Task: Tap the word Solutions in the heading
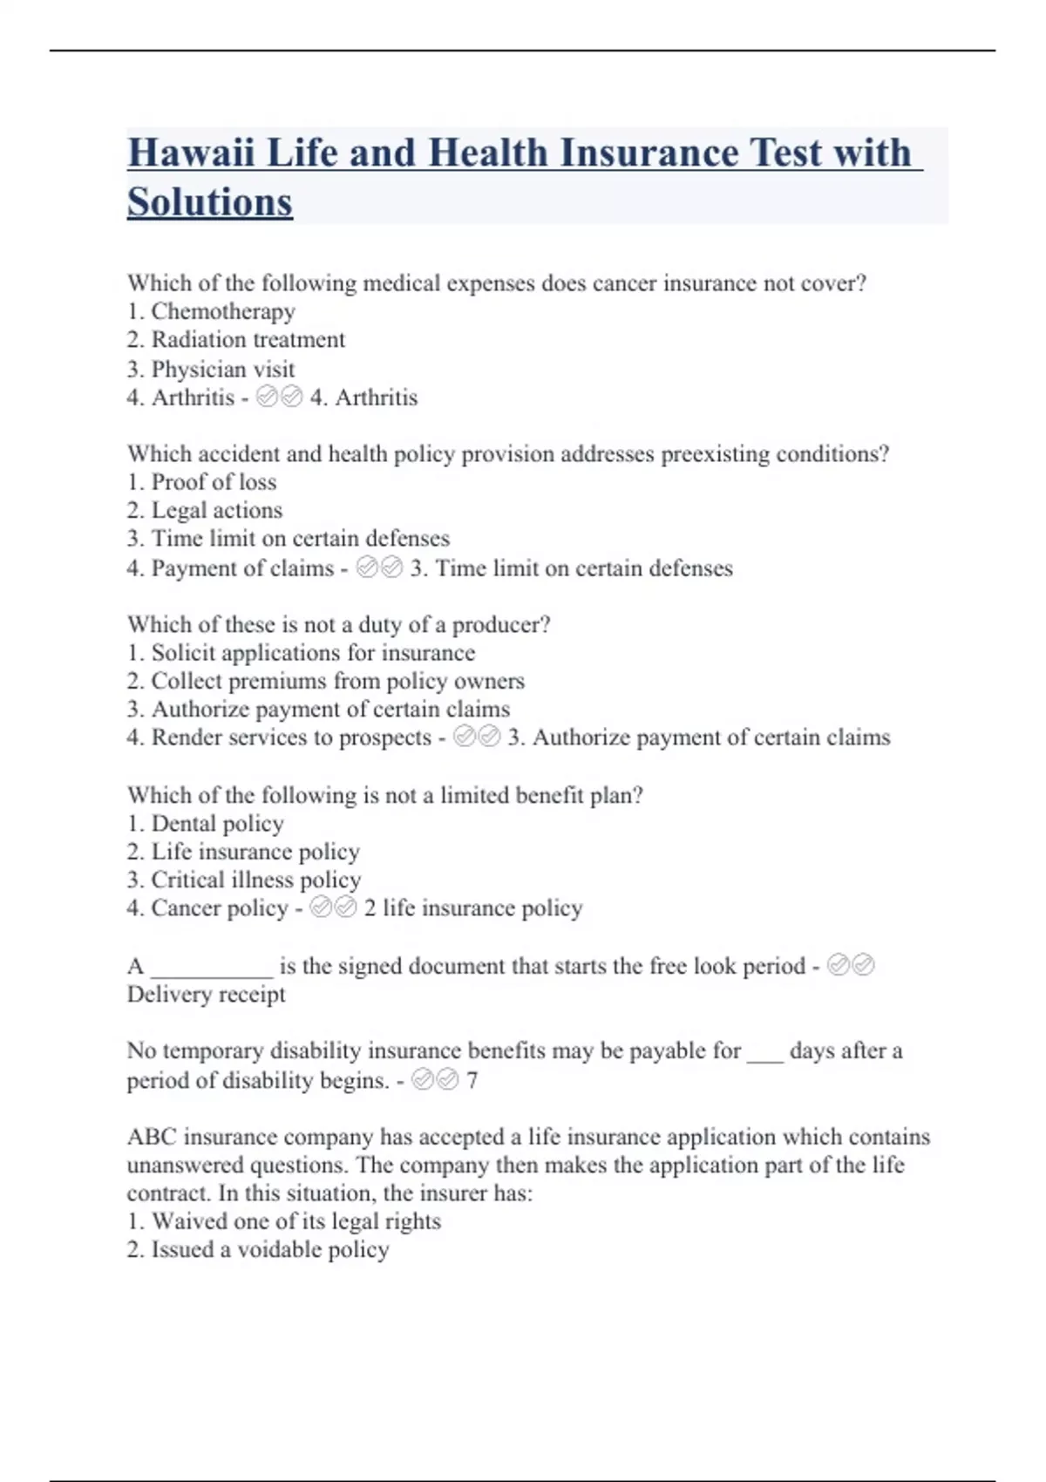click(x=210, y=202)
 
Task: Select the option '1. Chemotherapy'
click(x=211, y=311)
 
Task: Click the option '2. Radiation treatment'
click(x=236, y=339)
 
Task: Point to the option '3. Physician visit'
click(x=211, y=369)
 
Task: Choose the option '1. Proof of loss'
click(x=201, y=482)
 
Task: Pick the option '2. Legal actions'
click(x=205, y=510)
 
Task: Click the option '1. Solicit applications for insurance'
click(x=301, y=653)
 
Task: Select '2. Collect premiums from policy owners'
click(x=326, y=681)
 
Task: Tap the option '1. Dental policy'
click(x=206, y=824)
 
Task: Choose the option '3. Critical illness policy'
click(x=244, y=880)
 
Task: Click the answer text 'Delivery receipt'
click(x=207, y=995)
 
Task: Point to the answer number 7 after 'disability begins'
click(x=472, y=1081)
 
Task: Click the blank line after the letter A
click(x=212, y=969)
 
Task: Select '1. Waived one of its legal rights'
click(x=284, y=1221)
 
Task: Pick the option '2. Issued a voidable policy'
click(x=258, y=1250)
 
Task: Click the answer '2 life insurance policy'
click(x=473, y=908)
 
